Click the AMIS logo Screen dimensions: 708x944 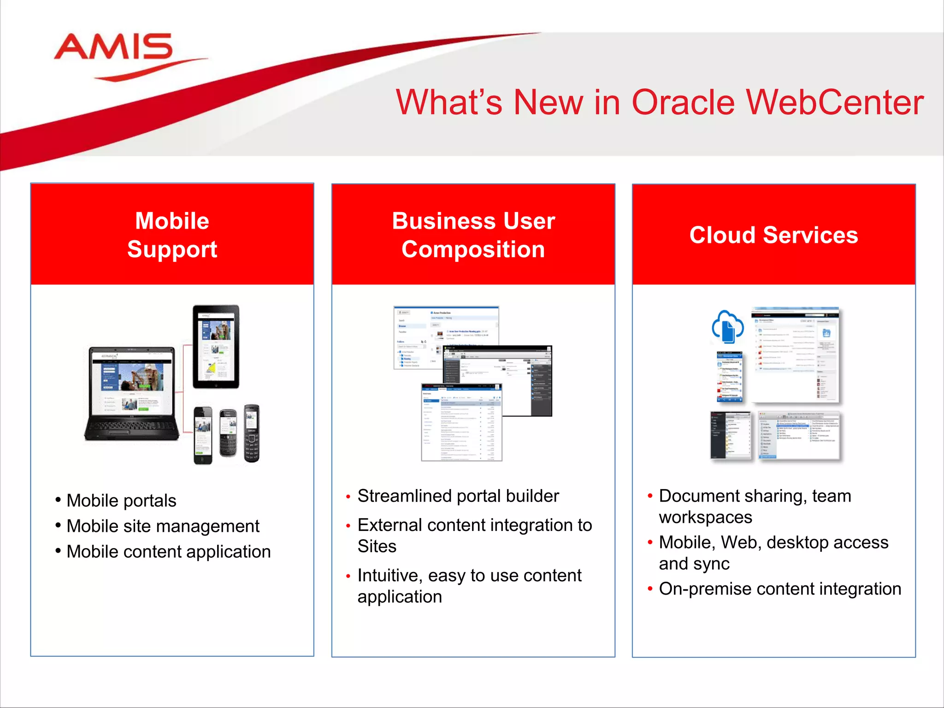click(115, 51)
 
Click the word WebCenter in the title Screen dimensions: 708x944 click(834, 102)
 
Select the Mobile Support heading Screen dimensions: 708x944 click(172, 235)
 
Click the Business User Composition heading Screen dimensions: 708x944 click(473, 235)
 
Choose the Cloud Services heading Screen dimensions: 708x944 click(773, 235)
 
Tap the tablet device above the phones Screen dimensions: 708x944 click(216, 347)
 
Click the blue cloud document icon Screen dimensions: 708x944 click(727, 327)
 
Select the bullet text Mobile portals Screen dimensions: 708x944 click(121, 501)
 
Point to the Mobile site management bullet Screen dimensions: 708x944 click(163, 526)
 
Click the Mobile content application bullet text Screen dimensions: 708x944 click(168, 552)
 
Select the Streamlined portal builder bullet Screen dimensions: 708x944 click(458, 496)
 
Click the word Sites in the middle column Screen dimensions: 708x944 click(377, 546)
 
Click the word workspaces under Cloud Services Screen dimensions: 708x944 click(705, 517)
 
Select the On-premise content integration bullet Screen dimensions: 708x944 click(780, 589)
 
